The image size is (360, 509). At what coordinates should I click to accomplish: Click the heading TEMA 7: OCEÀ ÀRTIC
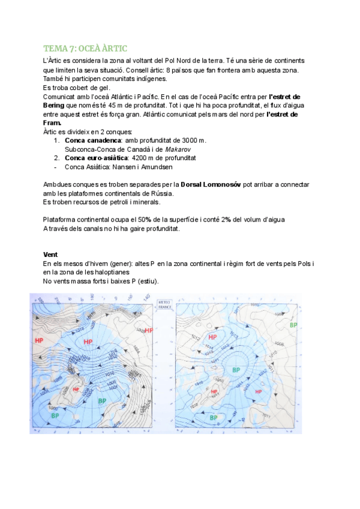pos(85,48)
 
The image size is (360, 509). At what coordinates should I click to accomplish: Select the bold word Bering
pos(58,105)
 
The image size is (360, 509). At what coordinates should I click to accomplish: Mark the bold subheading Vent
pos(50,254)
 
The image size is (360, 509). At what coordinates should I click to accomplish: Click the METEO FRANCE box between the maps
pos(164,305)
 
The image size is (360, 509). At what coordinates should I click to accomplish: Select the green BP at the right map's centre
pos(236,370)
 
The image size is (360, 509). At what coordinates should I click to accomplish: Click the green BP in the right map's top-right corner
pos(293,325)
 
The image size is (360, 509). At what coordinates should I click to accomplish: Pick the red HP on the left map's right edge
pos(148,331)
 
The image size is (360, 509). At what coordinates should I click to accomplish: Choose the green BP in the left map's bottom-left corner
pos(55,415)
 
